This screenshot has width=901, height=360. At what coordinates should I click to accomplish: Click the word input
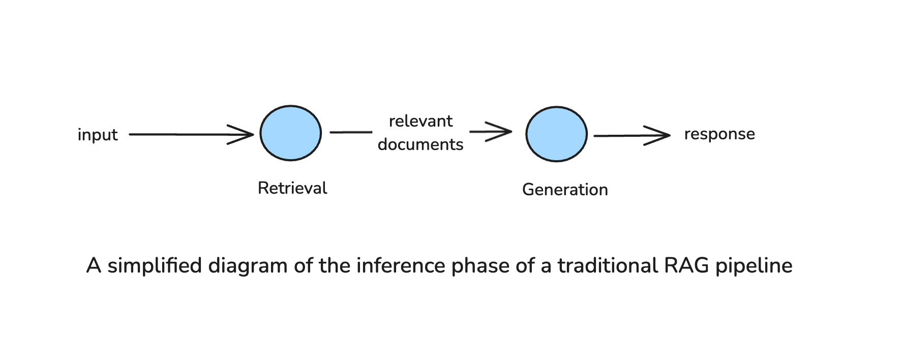click(98, 135)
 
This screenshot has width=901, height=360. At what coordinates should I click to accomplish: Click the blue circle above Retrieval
click(290, 133)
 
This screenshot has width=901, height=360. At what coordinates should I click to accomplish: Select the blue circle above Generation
click(556, 134)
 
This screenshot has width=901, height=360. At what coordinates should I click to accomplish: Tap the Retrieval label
click(292, 188)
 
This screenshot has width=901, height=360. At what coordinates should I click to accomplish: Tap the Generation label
click(565, 190)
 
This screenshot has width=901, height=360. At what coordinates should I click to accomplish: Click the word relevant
click(421, 121)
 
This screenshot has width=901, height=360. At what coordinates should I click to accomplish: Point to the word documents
click(421, 144)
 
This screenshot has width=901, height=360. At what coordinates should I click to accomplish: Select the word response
click(719, 134)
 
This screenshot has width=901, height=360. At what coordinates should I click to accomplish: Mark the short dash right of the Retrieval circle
click(351, 132)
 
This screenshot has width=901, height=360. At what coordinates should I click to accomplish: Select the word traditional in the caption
click(608, 265)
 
